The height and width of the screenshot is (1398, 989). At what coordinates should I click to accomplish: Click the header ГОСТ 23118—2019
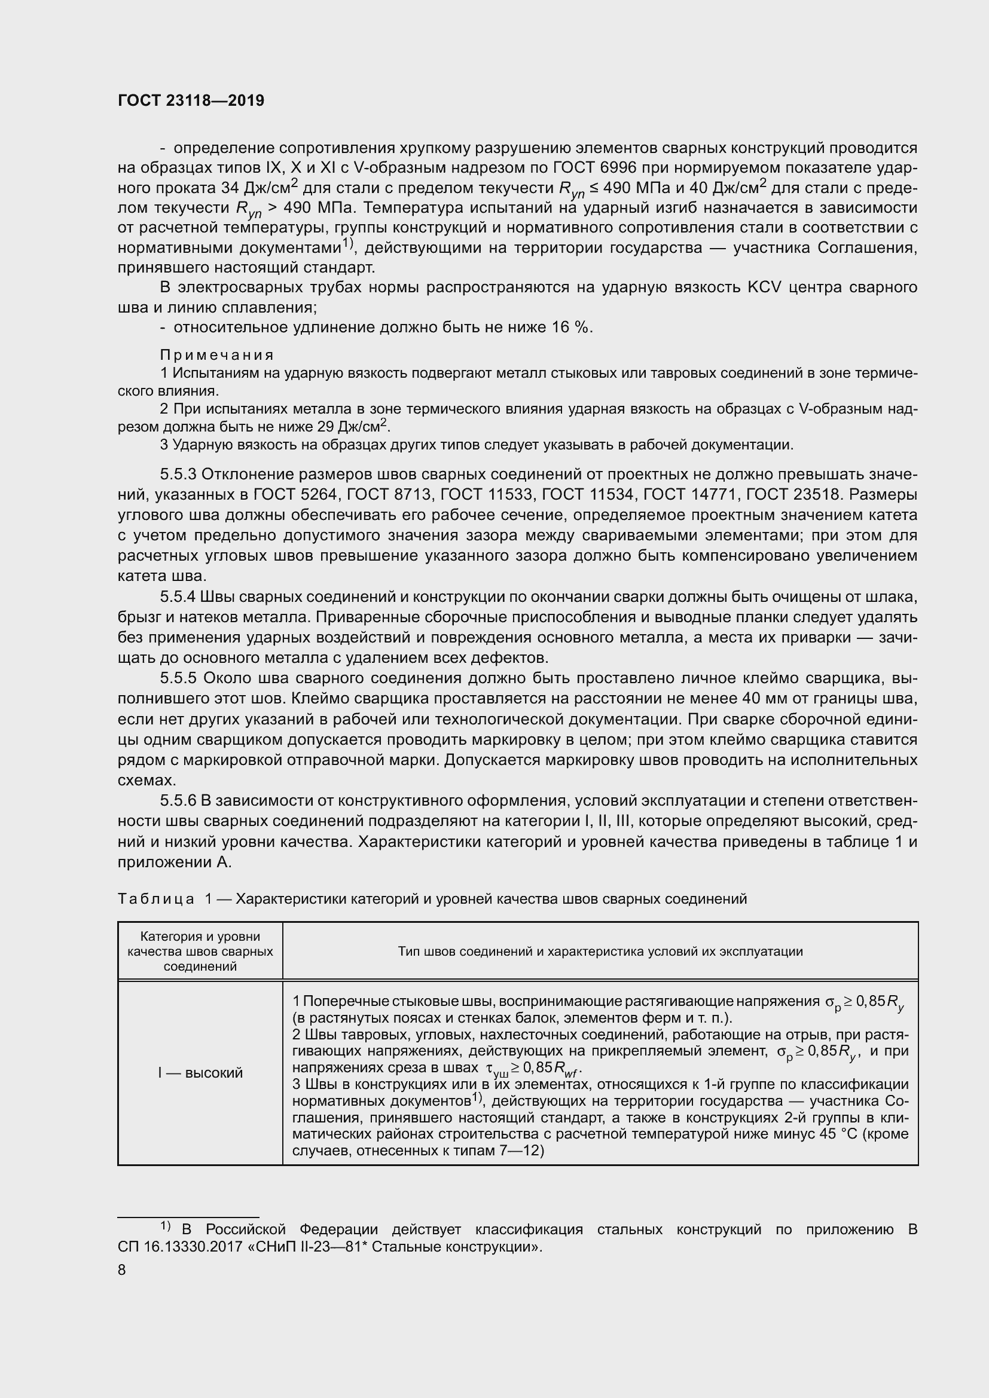click(191, 101)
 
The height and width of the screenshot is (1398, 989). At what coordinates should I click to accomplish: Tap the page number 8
click(122, 1269)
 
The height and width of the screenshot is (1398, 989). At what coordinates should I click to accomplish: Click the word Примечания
click(217, 354)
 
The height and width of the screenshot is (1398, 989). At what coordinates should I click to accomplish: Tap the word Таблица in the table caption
click(156, 899)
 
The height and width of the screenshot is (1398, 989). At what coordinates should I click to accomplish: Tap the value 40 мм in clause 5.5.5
click(795, 698)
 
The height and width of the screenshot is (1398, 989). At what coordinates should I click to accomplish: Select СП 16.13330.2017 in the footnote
click(185, 1246)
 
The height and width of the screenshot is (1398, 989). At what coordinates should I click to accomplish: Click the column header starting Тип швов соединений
click(600, 951)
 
